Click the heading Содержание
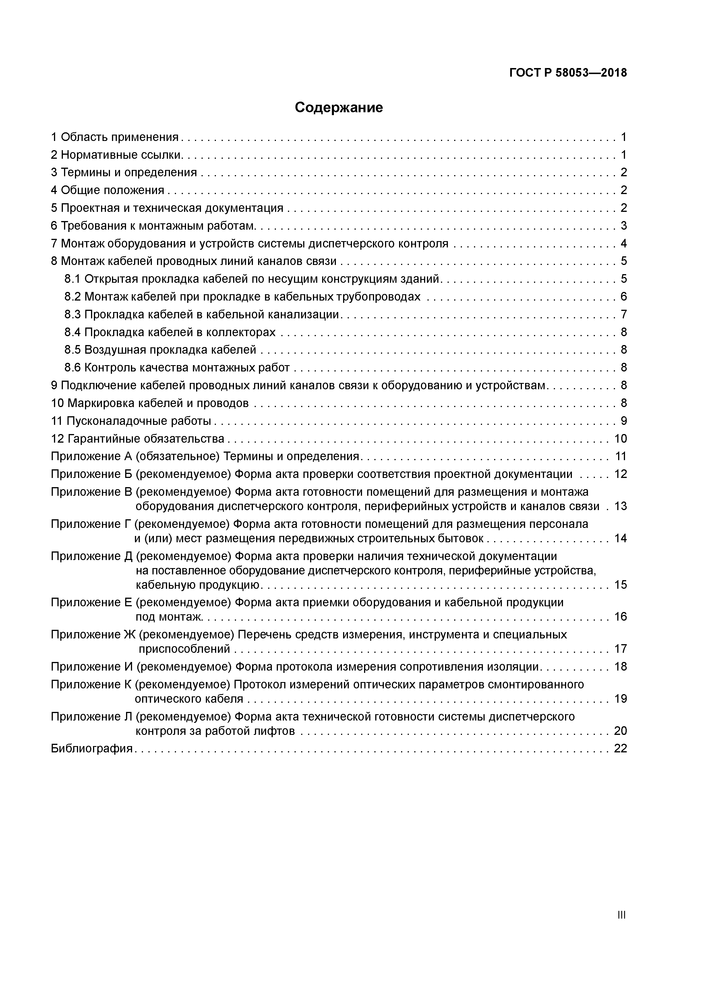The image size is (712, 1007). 339,107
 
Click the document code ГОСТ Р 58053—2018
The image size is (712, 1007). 568,73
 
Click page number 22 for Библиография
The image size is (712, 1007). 620,748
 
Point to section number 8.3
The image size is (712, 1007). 73,314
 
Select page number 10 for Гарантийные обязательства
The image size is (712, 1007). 620,439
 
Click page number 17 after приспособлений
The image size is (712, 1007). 620,649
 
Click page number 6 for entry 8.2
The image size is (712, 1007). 623,297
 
